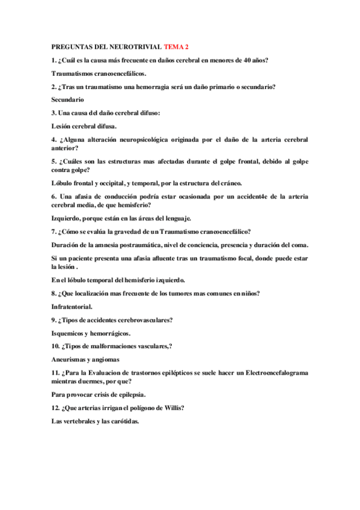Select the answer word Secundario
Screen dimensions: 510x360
tap(68, 99)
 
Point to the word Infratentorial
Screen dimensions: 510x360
tap(72, 306)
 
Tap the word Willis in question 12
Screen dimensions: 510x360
tap(172, 408)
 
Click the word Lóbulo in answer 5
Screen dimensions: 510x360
tap(63, 183)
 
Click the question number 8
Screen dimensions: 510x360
tap(53, 293)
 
